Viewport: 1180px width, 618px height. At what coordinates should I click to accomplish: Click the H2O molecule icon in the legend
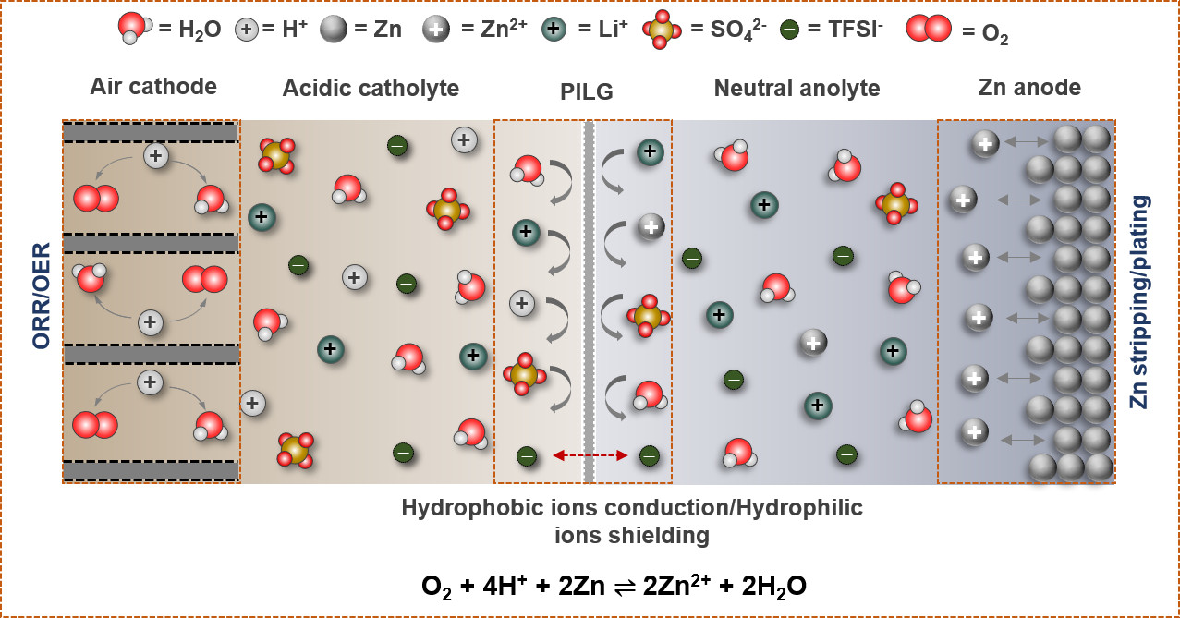pos(134,29)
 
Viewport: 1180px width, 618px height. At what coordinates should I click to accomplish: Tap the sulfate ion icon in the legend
pos(661,30)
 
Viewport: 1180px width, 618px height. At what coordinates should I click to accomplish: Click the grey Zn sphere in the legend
pos(334,30)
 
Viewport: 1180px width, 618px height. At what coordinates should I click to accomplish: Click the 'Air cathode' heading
pos(153,87)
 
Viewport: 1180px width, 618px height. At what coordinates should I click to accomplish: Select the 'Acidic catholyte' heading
pos(371,89)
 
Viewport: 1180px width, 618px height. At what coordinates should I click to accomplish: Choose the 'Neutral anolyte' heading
pos(797,89)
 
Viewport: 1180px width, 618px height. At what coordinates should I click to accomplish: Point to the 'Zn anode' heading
pos(1029,88)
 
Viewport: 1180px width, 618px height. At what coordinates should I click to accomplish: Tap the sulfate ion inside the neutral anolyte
pos(894,203)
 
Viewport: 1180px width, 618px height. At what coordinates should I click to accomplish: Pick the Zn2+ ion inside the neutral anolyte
pos(813,343)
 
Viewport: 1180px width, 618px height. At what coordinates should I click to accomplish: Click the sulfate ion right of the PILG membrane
pos(648,316)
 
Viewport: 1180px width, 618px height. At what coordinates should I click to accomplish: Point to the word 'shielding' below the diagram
pos(632,535)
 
